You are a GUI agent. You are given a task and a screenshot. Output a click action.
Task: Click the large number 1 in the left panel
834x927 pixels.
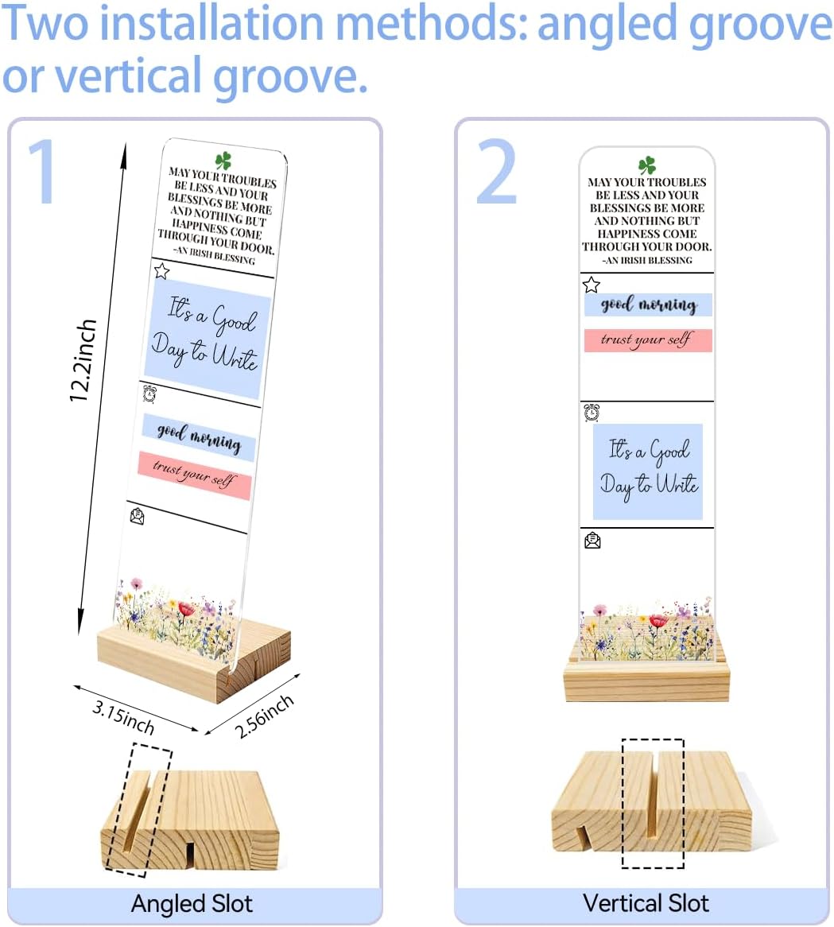[x=43, y=172]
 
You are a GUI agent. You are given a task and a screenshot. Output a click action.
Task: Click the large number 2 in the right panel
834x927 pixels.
[x=497, y=172]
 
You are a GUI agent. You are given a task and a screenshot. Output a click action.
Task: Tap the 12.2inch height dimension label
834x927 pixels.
[x=83, y=361]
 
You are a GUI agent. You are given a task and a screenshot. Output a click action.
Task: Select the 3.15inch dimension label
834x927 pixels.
[x=123, y=716]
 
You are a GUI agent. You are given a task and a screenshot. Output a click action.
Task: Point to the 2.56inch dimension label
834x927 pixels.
[x=264, y=716]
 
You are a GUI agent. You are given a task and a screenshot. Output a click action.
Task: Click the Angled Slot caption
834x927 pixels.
[x=192, y=904]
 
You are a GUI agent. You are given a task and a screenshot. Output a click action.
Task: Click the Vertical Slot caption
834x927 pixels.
[x=646, y=903]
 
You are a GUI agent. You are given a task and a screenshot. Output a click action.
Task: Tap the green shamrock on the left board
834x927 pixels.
[x=223, y=161]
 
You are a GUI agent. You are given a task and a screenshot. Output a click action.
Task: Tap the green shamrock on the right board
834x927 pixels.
[x=646, y=165]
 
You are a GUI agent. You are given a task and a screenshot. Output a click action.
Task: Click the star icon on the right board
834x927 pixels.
[x=591, y=285]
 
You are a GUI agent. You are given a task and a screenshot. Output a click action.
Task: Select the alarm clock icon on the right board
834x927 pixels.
[x=592, y=413]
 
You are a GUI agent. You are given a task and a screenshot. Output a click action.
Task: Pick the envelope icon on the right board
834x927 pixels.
[x=592, y=541]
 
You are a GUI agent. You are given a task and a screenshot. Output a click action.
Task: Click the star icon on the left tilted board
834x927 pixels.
[x=161, y=271]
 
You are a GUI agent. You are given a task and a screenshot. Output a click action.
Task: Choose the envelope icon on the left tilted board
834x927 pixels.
[x=137, y=516]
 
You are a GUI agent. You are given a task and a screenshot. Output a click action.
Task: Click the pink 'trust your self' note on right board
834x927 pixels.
[x=648, y=340]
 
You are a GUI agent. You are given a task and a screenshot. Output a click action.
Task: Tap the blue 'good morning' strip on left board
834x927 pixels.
[x=199, y=437]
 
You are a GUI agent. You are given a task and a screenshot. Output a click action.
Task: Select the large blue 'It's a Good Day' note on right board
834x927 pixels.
[x=648, y=471]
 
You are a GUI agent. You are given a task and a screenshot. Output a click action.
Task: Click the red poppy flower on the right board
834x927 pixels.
[x=658, y=621]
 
